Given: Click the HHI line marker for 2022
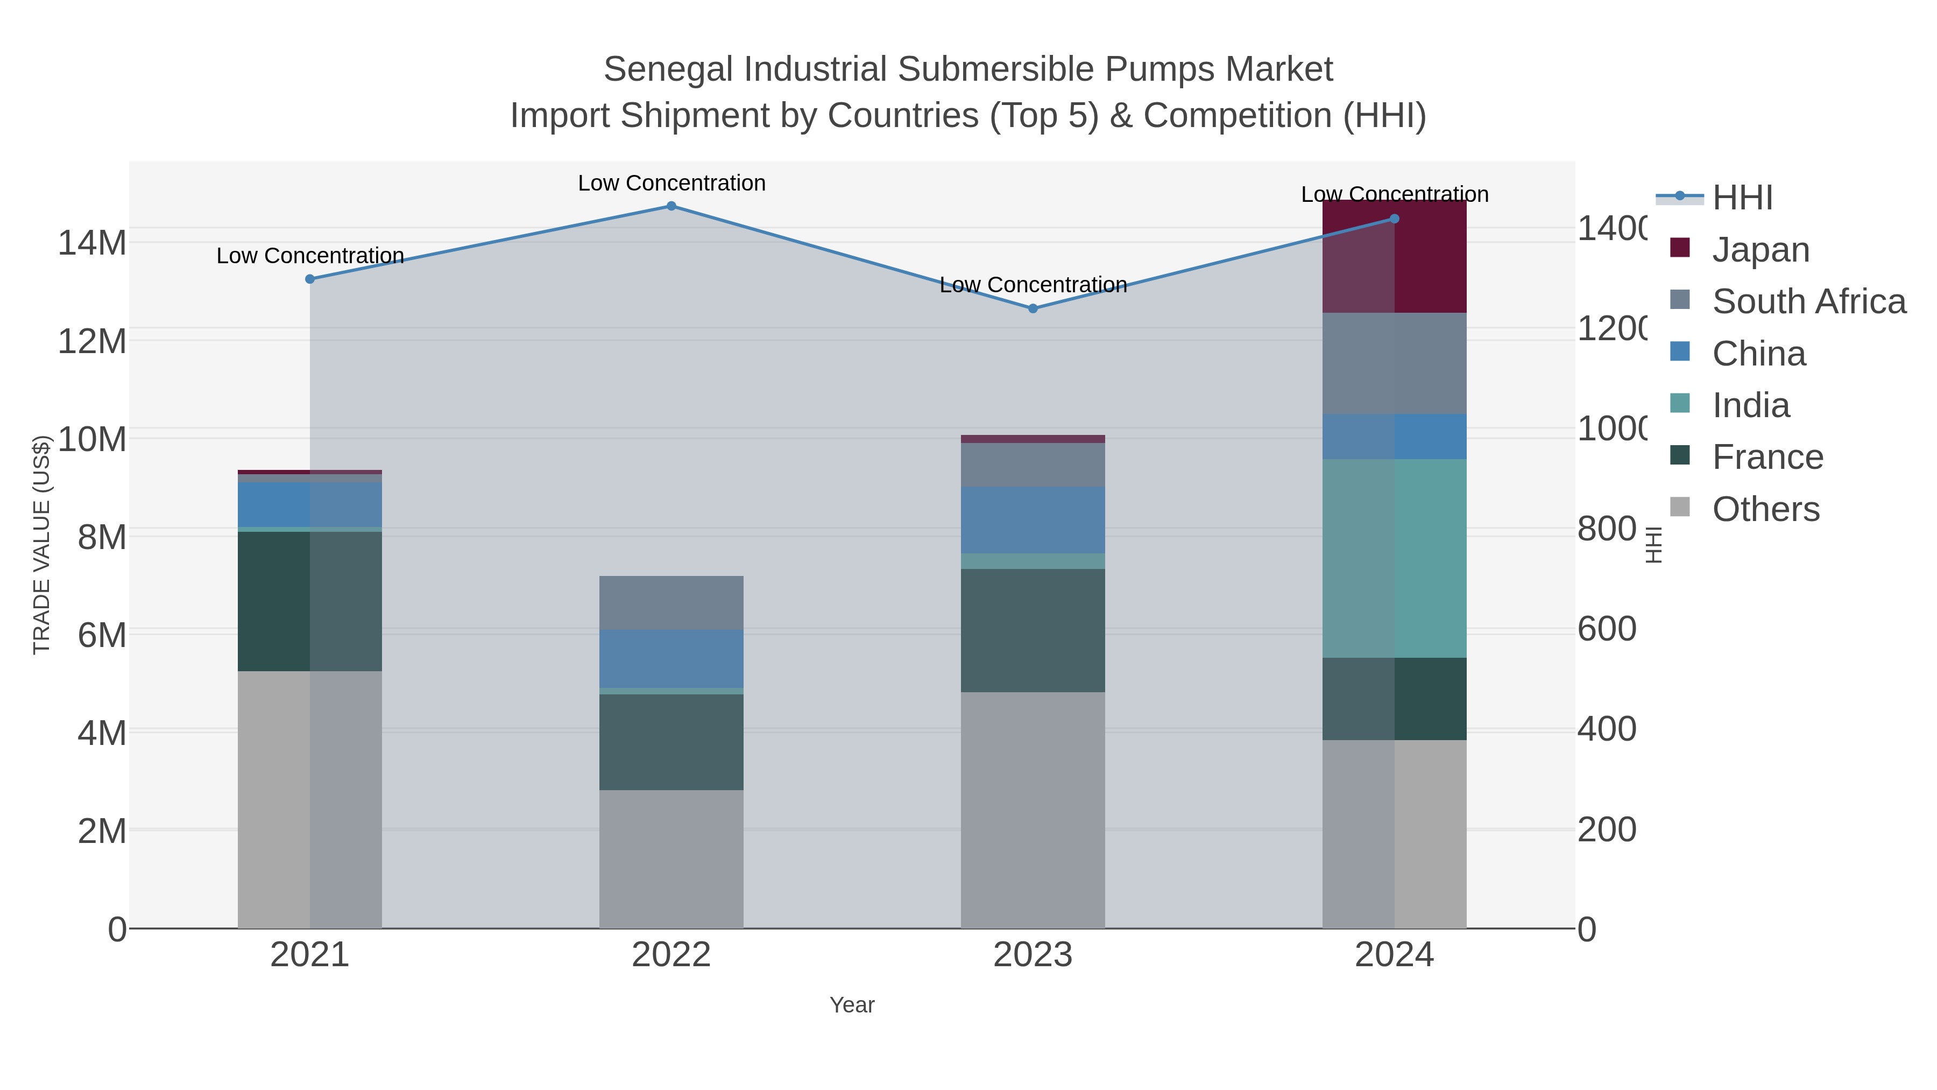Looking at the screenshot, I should pyautogui.click(x=671, y=206).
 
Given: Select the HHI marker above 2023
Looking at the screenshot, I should pyautogui.click(x=1033, y=308).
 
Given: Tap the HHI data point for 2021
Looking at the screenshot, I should pyautogui.click(x=310, y=279).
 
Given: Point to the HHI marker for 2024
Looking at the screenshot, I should pyautogui.click(x=1394, y=219).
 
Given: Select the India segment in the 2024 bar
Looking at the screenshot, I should pyautogui.click(x=1394, y=558).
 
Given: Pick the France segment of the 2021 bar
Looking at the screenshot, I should pyautogui.click(x=310, y=601).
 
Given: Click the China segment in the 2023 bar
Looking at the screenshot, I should pyautogui.click(x=1033, y=520).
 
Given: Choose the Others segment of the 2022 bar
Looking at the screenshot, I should pyautogui.click(x=671, y=859).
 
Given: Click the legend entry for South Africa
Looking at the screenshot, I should pyautogui.click(x=1808, y=301).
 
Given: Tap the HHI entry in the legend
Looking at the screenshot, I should pyautogui.click(x=1742, y=198).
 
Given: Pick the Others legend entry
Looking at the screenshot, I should pyautogui.click(x=1765, y=509).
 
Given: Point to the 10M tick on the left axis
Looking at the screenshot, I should pyautogui.click(x=91, y=439).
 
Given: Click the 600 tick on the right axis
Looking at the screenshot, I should pyautogui.click(x=1607, y=629).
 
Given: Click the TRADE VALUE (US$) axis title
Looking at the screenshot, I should pyautogui.click(x=42, y=545).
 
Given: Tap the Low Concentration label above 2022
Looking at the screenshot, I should pyautogui.click(x=671, y=183).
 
